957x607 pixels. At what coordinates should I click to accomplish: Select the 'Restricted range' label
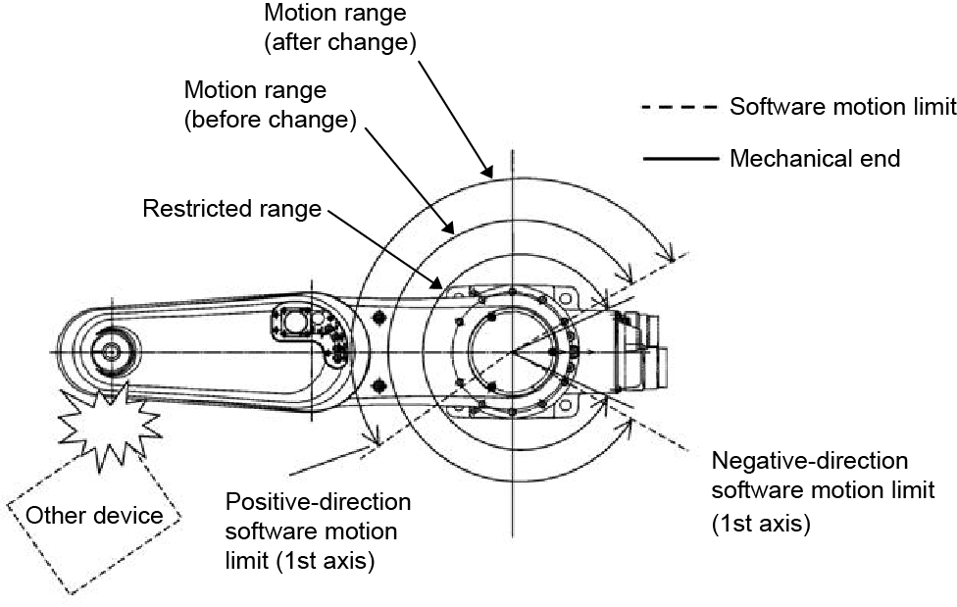point(230,209)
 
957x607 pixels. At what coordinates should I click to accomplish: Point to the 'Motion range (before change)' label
point(270,104)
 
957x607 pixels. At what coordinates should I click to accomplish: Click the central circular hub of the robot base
point(511,351)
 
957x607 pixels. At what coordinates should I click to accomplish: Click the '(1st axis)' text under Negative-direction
point(761,525)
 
